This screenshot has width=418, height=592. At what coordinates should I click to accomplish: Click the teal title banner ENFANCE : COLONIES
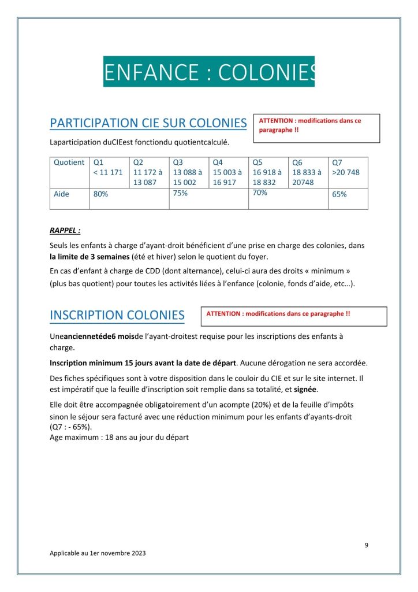[209, 72]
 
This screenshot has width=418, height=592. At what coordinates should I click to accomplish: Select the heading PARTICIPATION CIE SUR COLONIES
[148, 123]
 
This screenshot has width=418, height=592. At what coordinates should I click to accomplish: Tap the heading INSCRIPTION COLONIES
[117, 315]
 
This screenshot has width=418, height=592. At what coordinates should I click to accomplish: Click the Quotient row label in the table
[69, 163]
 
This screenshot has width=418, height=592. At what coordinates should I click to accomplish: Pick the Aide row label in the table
[61, 194]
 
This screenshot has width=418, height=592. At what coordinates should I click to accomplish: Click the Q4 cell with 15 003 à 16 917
[227, 172]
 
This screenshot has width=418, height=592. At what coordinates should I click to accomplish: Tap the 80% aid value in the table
[100, 194]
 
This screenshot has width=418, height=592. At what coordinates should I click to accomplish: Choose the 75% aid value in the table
[180, 193]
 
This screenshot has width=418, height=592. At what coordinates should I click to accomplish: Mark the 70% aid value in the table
[260, 193]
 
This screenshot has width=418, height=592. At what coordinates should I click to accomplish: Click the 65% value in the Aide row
[339, 194]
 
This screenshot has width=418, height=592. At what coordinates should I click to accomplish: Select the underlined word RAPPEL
[65, 230]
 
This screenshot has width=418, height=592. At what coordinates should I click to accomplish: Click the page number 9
[367, 545]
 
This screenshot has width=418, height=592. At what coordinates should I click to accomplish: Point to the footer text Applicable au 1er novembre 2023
[98, 553]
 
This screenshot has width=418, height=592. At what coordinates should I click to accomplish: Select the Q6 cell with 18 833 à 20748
[307, 172]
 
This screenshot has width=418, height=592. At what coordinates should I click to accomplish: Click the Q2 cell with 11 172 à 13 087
[148, 172]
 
